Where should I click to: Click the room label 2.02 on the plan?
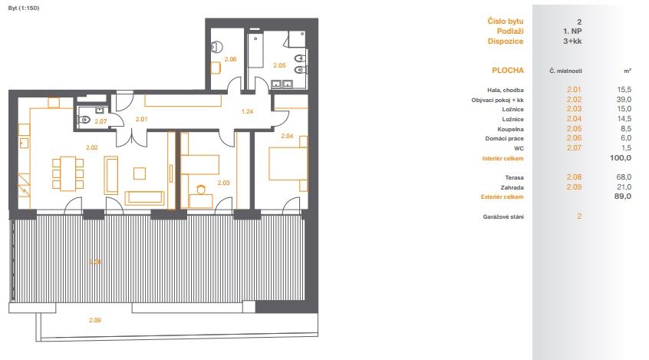pyautogui.click(x=92, y=147)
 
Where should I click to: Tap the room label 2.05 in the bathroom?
pyautogui.click(x=279, y=65)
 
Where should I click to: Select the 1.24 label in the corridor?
pyautogui.click(x=247, y=111)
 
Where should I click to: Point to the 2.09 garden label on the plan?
pyautogui.click(x=95, y=320)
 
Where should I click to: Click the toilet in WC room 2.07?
pyautogui.click(x=84, y=121)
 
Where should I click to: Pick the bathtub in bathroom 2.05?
pyautogui.click(x=255, y=51)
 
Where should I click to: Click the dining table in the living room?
pyautogui.click(x=68, y=173)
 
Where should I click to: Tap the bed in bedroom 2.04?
pyautogui.click(x=288, y=163)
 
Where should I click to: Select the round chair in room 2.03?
pyautogui.click(x=201, y=190)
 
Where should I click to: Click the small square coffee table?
pyautogui.click(x=140, y=173)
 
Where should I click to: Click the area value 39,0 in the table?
pyautogui.click(x=624, y=100)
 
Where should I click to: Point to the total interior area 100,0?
pyautogui.click(x=621, y=158)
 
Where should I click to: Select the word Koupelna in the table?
pyautogui.click(x=510, y=129)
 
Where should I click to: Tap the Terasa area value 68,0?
pyautogui.click(x=624, y=177)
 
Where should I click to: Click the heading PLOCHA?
pyautogui.click(x=508, y=71)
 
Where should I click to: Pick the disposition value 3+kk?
pyautogui.click(x=572, y=41)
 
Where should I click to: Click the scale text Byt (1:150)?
pyautogui.click(x=24, y=8)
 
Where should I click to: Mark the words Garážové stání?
pyautogui.click(x=503, y=216)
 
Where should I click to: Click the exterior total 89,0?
pyautogui.click(x=623, y=197)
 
